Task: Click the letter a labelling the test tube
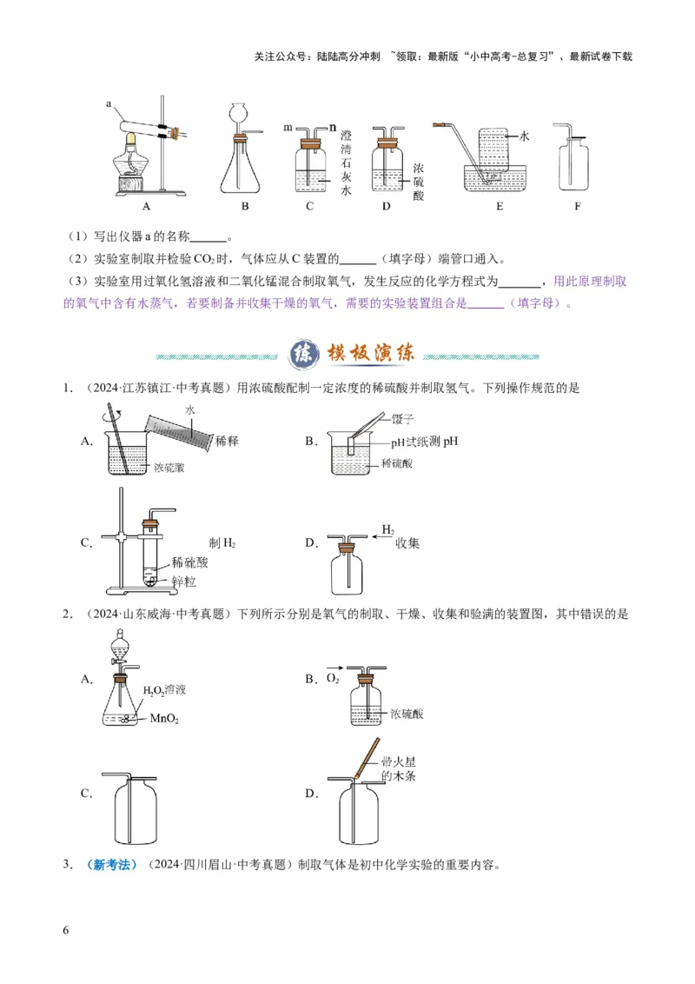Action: [x=109, y=103]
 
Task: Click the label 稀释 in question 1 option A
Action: [x=227, y=441]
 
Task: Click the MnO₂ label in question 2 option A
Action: [x=166, y=718]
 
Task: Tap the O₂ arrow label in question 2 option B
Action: [x=333, y=675]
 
